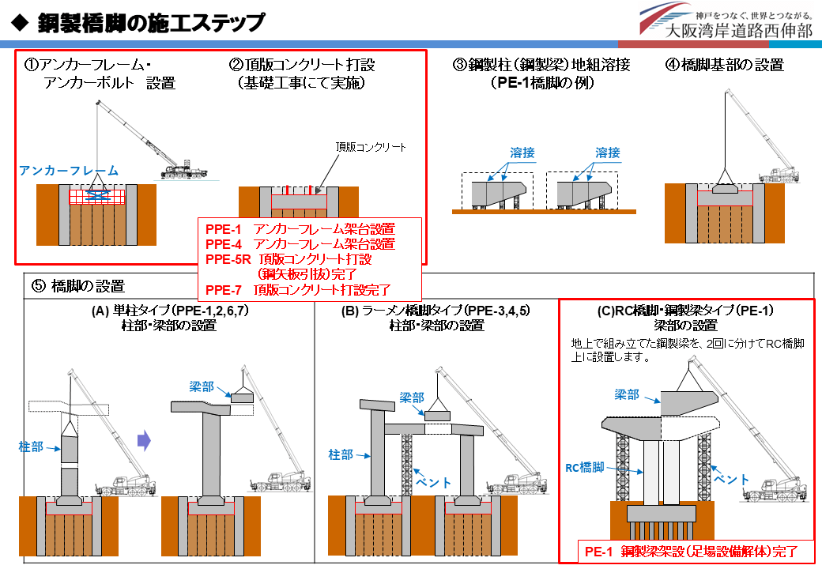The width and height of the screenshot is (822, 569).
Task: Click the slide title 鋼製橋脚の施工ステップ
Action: click(x=150, y=23)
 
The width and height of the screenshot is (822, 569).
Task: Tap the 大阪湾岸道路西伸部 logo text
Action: click(x=738, y=32)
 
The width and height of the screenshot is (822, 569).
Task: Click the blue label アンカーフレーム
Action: click(x=70, y=171)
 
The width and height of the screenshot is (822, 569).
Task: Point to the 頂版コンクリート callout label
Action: click(x=371, y=147)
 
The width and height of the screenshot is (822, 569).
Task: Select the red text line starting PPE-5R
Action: click(x=288, y=259)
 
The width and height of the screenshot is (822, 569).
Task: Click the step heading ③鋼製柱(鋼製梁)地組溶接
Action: click(x=541, y=65)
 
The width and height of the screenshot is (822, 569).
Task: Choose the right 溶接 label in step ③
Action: click(x=608, y=153)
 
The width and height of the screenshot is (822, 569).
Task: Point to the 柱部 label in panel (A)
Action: click(x=31, y=447)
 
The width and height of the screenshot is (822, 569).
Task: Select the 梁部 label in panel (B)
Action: click(x=413, y=398)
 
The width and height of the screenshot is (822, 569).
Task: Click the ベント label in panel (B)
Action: click(x=434, y=482)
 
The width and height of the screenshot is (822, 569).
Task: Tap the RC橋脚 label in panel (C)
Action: click(x=585, y=468)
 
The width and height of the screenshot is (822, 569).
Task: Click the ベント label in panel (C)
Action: click(x=733, y=479)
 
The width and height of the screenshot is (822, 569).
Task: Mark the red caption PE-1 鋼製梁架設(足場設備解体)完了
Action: click(x=685, y=552)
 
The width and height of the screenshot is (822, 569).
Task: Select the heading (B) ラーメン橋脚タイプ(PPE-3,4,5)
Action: click(x=436, y=311)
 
